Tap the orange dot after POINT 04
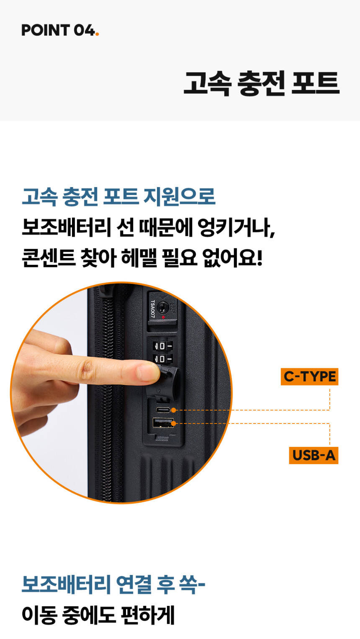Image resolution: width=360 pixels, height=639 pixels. point(97,34)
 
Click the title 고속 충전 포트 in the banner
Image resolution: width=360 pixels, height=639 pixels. point(262,83)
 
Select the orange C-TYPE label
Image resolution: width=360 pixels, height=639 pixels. point(309,377)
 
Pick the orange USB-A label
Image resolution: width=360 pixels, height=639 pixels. point(314,455)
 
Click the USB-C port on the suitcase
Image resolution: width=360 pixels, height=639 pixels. point(163,410)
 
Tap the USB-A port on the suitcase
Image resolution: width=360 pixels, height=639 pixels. point(163,423)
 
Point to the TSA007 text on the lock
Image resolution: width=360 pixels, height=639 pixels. point(153,309)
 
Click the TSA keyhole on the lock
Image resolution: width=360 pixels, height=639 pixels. point(163,307)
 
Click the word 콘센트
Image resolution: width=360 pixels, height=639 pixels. point(49,258)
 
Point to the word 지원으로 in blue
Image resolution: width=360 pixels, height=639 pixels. point(179,197)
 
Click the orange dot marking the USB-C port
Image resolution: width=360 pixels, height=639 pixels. point(173,410)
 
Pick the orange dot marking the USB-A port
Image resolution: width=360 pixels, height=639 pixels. point(173,423)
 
